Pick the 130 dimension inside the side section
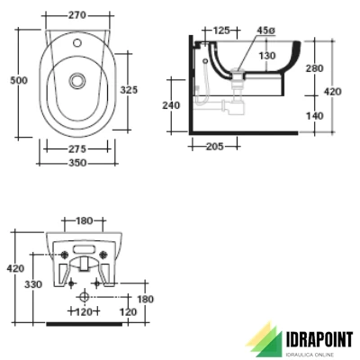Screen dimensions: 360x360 click(x=267, y=56)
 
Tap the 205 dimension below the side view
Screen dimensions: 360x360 click(x=213, y=147)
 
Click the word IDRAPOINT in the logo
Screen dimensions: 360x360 click(x=311, y=337)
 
